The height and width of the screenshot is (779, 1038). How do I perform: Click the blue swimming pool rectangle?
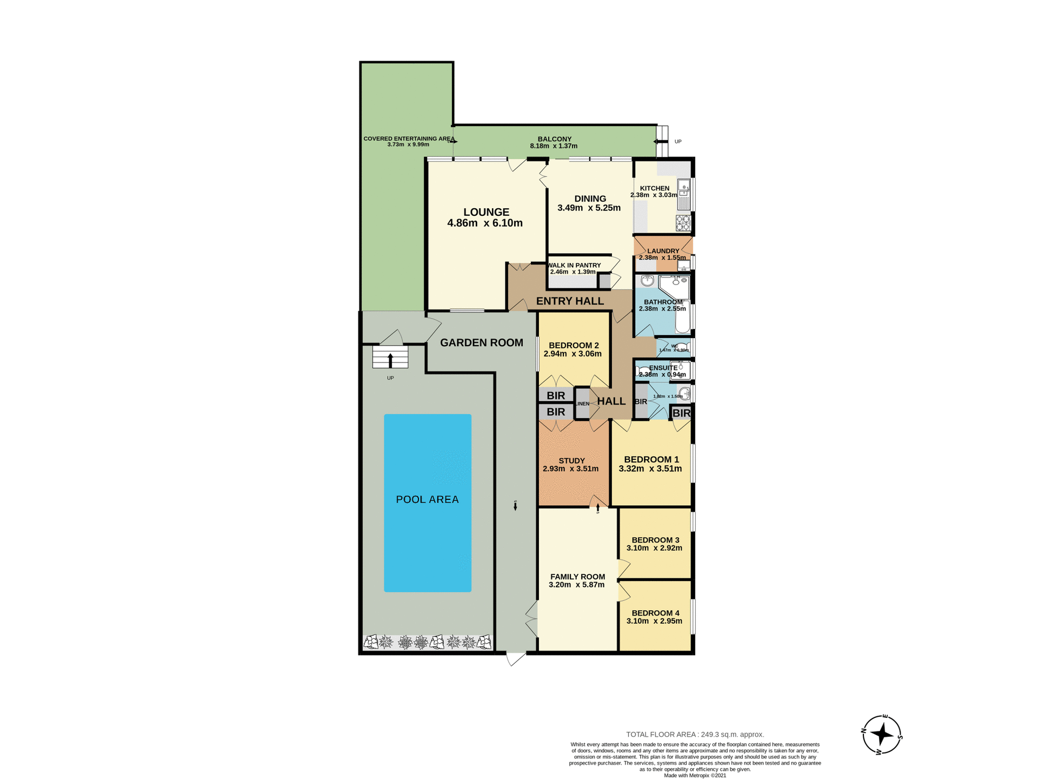coord(427,503)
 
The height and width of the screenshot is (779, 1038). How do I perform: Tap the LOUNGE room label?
coord(486,212)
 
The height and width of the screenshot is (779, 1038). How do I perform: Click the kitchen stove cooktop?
coord(683,223)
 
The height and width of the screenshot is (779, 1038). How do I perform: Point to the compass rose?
coord(882,735)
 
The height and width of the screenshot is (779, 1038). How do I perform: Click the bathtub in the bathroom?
coord(683,317)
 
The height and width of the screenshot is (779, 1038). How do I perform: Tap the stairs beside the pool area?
coord(390,358)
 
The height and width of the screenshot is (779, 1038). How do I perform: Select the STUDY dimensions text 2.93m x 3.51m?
coord(570,468)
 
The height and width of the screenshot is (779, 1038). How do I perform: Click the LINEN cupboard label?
coord(582,404)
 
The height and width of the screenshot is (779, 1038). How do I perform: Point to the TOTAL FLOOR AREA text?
coord(695,734)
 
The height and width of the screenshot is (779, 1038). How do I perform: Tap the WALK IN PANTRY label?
coord(574,265)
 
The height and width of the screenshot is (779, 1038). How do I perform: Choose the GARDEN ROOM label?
coord(481,342)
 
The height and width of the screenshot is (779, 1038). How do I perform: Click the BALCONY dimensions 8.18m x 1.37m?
coord(554,146)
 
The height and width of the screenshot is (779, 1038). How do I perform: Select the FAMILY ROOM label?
coord(577,577)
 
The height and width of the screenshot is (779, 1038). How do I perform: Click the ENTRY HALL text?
coord(570,301)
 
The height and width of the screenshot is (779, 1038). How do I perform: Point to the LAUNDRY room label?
coord(663,251)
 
